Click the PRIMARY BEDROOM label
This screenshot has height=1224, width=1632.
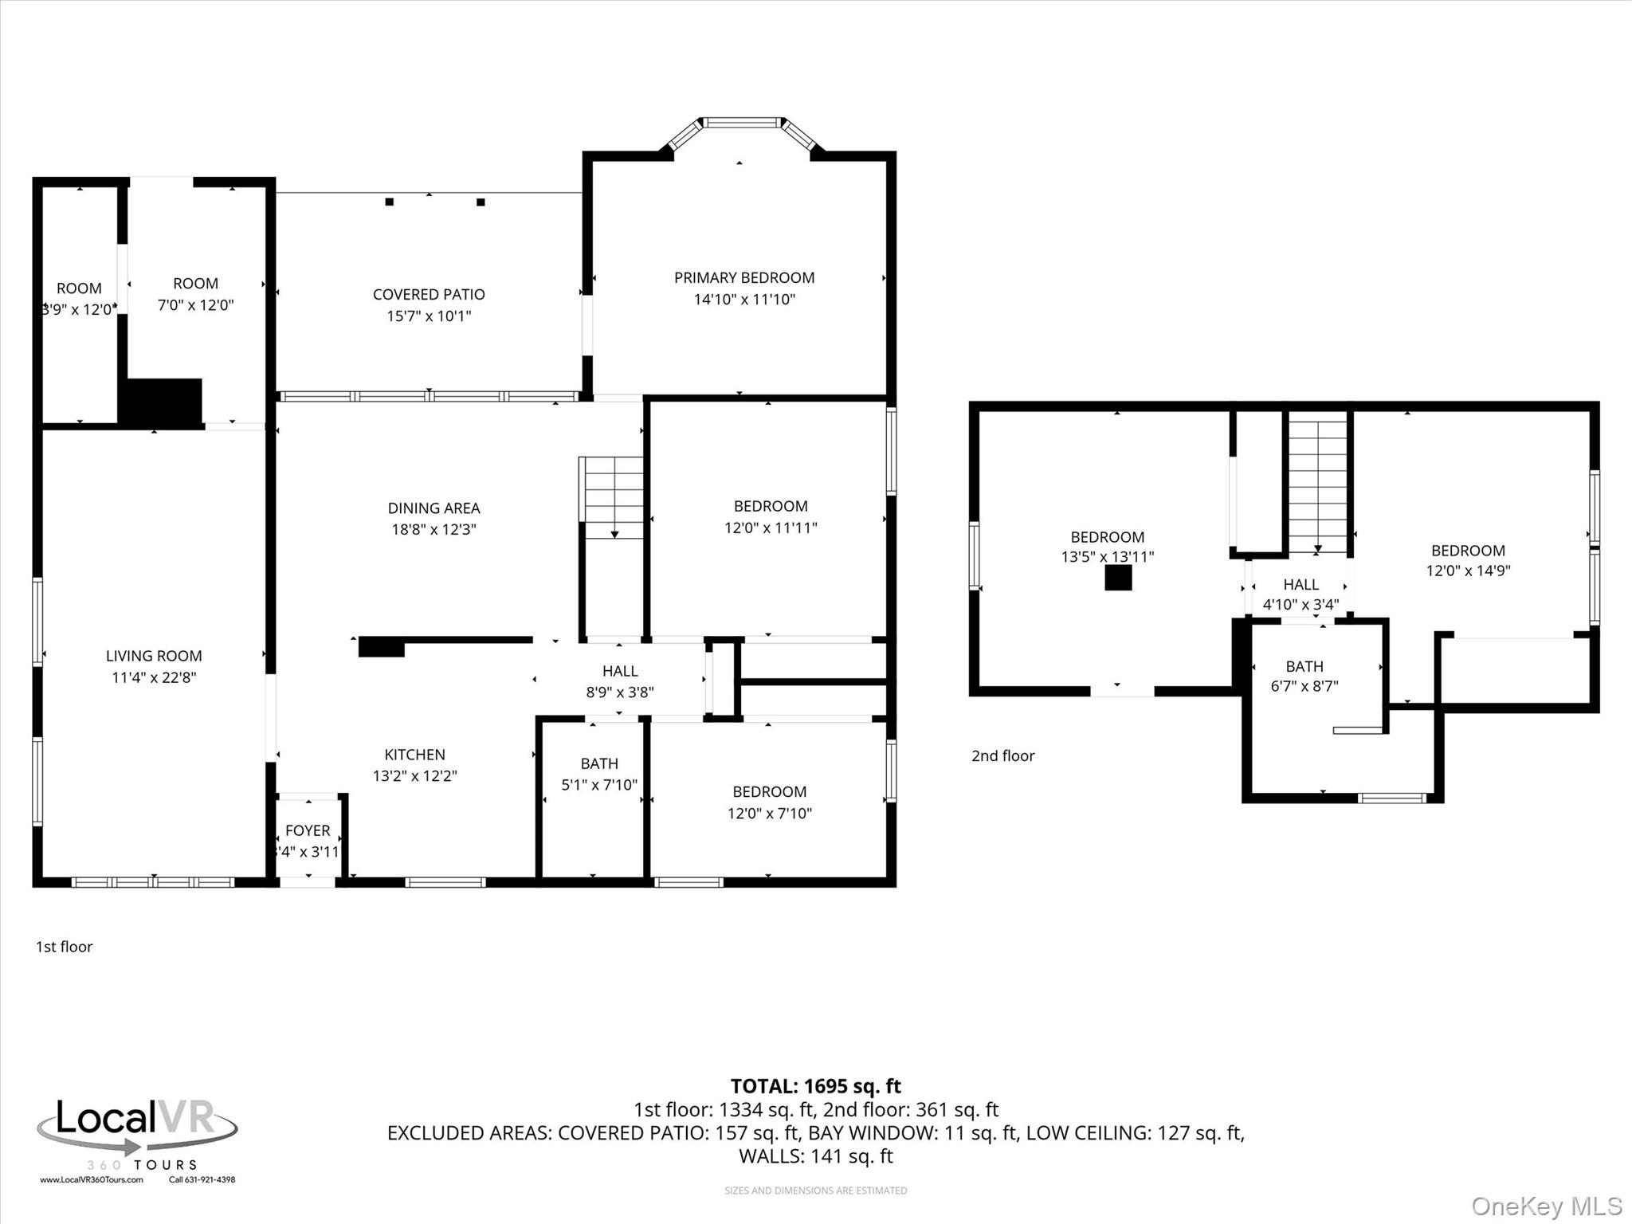click(743, 278)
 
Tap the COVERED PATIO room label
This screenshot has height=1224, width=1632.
click(429, 295)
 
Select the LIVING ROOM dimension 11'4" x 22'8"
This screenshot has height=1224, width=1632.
click(154, 677)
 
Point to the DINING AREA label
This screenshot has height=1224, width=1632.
click(433, 508)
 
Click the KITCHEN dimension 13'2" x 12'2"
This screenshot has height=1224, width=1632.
click(414, 775)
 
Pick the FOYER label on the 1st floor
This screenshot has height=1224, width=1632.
click(308, 830)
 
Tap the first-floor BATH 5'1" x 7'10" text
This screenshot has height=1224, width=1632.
click(599, 785)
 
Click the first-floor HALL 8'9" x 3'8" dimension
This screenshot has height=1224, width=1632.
click(620, 692)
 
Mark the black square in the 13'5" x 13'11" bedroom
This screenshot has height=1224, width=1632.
click(1118, 578)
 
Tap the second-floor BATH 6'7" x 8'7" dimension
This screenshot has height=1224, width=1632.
click(1304, 686)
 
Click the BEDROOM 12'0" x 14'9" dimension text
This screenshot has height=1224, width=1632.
click(1468, 571)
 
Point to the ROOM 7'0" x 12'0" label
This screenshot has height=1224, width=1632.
click(195, 284)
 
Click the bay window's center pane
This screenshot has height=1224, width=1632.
click(741, 123)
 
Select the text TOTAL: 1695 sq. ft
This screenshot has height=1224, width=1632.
click(815, 1086)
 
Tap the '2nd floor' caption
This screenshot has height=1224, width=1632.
click(1002, 755)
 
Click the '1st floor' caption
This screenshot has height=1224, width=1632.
click(64, 947)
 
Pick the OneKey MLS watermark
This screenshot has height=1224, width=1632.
click(1546, 1206)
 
